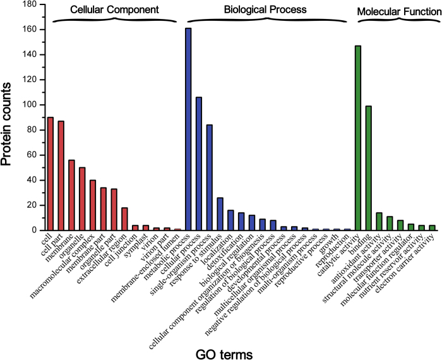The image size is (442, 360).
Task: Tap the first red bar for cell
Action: click(x=50, y=174)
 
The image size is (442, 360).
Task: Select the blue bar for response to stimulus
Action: click(x=220, y=214)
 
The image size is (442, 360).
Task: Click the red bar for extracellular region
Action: click(x=124, y=219)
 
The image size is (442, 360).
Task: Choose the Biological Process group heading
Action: click(x=265, y=9)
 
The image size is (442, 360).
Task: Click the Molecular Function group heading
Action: click(x=399, y=11)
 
